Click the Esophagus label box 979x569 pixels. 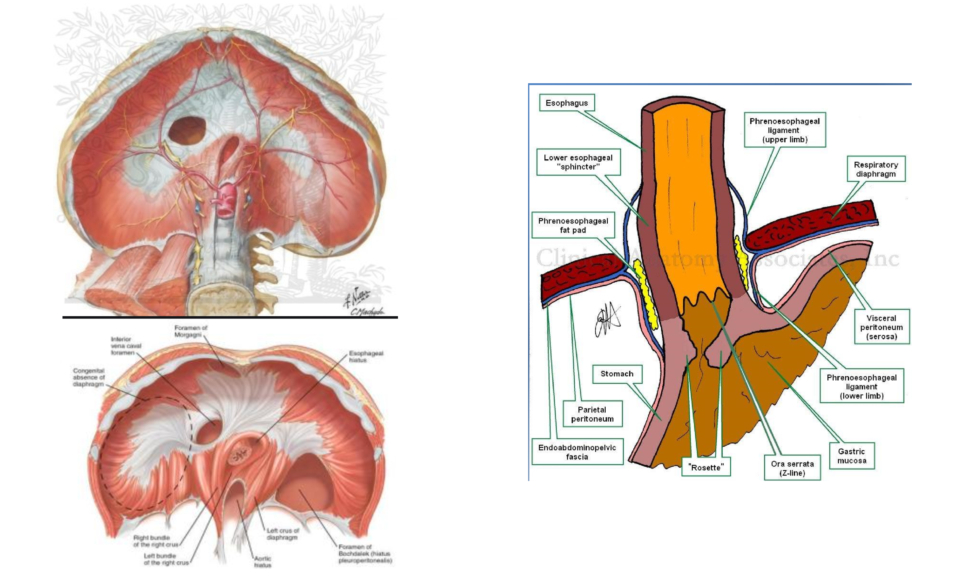click(567, 103)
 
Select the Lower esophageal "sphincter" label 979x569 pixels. click(578, 162)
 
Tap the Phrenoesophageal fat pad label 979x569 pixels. click(573, 225)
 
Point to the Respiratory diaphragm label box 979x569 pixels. click(876, 169)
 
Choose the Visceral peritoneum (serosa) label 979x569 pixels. click(881, 327)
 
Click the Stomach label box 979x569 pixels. click(617, 374)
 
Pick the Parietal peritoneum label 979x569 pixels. click(592, 414)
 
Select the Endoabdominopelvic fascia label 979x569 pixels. click(577, 452)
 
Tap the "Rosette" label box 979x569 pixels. click(706, 467)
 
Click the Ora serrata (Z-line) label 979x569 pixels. click(792, 468)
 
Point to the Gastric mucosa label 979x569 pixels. click(851, 456)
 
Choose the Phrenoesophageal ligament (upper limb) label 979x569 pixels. click(784, 130)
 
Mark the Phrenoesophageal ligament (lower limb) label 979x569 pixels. click(862, 387)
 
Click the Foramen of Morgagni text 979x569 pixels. click(191, 331)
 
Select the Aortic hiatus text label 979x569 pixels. click(262, 561)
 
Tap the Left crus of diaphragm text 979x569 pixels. click(283, 534)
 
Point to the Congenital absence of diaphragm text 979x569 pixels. click(88, 377)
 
